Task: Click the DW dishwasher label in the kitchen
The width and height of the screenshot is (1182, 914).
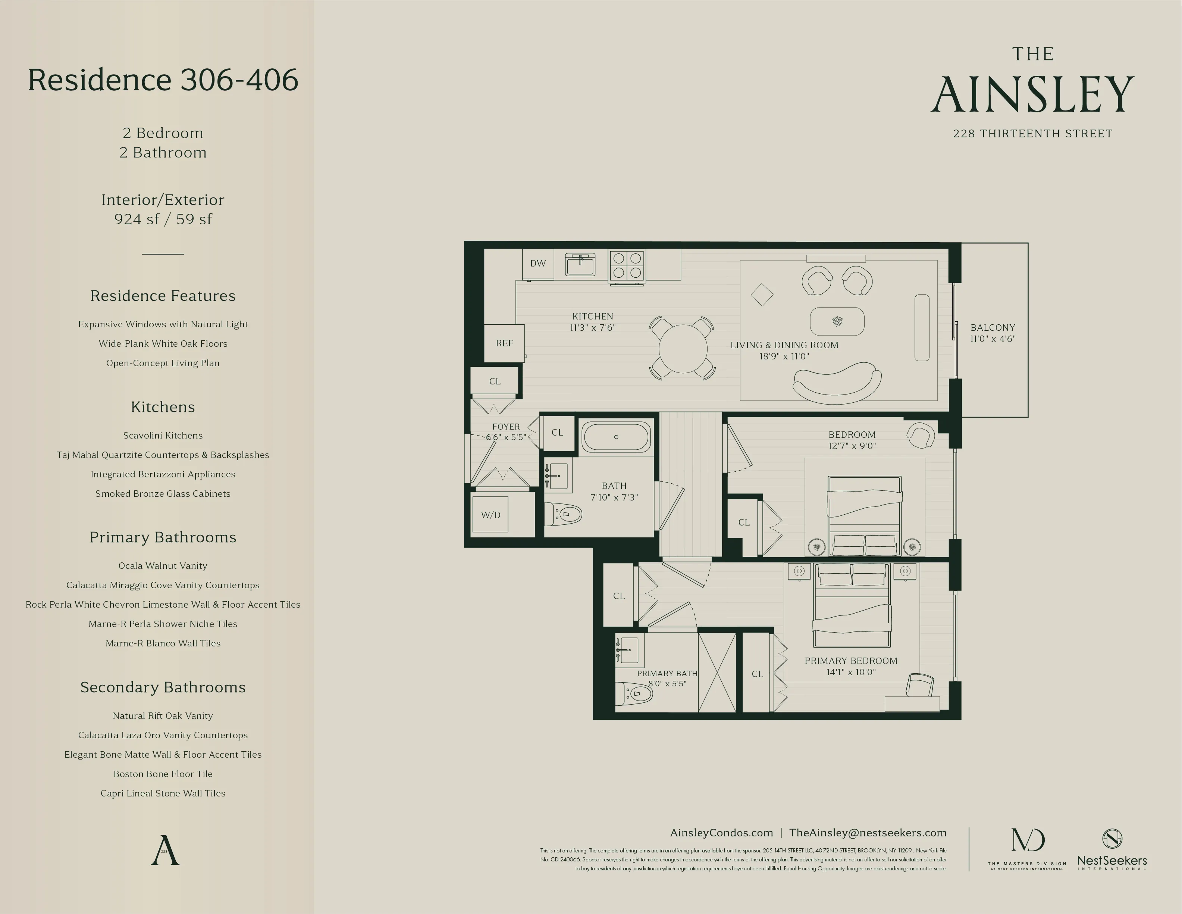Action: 537,264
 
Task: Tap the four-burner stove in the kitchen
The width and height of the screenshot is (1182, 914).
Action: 627,266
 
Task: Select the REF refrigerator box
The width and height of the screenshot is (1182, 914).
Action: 504,343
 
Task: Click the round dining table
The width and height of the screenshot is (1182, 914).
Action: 683,349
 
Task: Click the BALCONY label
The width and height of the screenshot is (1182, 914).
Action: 993,328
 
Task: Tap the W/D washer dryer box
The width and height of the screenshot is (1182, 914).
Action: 490,515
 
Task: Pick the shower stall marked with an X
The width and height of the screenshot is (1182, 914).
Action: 717,673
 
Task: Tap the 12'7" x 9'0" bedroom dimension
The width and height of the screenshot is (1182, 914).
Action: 852,446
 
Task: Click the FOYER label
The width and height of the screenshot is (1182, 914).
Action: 505,427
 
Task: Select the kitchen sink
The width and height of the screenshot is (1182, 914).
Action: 580,265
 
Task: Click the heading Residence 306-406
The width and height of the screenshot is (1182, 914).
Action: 163,80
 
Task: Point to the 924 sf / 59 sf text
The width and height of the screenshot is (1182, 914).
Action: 163,219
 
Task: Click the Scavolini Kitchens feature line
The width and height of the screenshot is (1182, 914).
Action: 163,435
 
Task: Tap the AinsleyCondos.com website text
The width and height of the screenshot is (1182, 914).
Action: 721,833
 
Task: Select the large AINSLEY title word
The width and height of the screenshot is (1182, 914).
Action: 1032,95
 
